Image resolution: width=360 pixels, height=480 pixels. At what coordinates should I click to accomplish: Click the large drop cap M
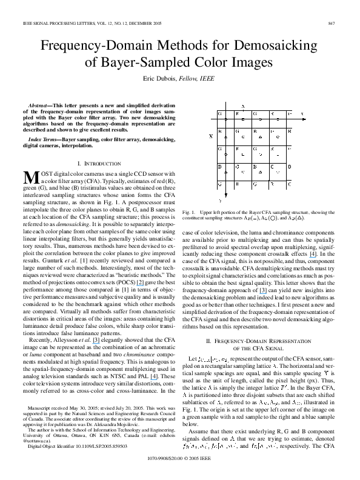point(30,178)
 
